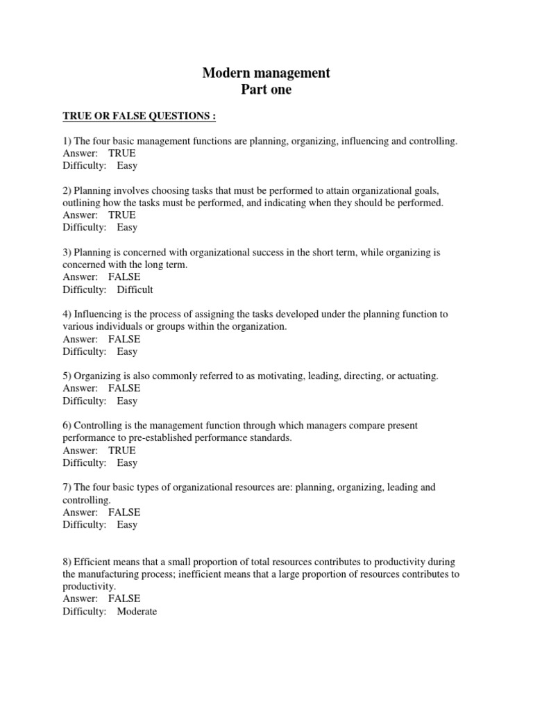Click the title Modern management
266,73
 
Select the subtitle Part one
266,90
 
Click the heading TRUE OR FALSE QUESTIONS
139,115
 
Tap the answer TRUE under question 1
122,153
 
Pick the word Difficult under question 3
135,290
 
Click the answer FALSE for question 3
124,277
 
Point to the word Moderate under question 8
137,612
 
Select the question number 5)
67,376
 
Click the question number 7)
67,487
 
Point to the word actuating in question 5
417,376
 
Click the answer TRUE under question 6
122,451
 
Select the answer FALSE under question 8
124,599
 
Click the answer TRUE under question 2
122,215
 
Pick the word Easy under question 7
127,525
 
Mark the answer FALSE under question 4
124,340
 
